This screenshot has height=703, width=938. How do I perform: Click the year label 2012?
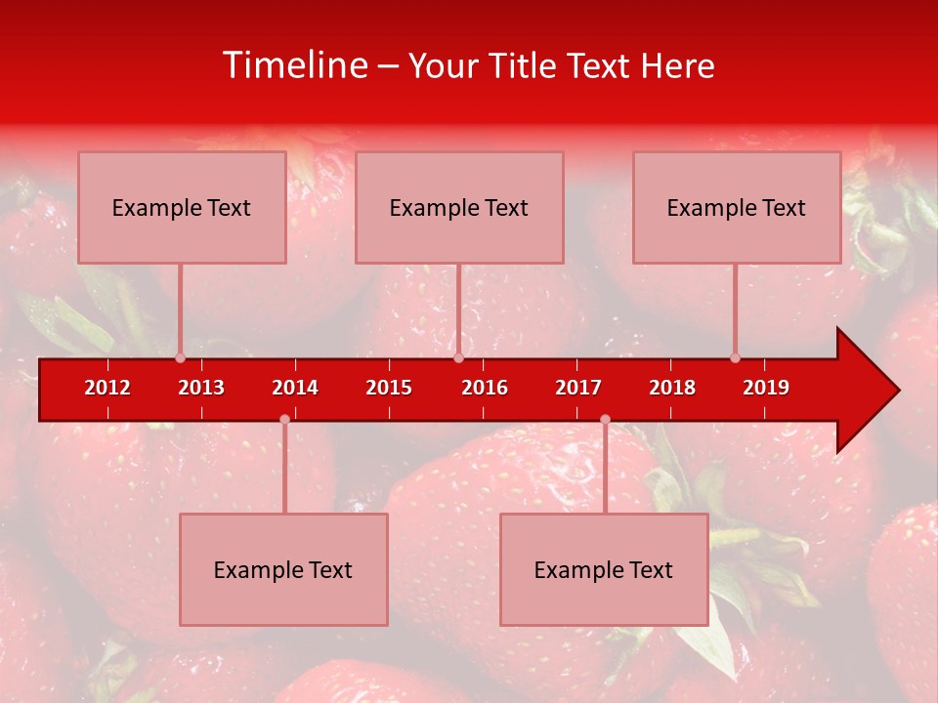pos(107,388)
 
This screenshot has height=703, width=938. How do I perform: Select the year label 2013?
pos(201,388)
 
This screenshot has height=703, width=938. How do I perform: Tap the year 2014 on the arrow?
pos(295,388)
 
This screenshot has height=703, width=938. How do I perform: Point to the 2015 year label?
pos(389,388)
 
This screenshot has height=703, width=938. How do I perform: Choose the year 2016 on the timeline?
pos(485,388)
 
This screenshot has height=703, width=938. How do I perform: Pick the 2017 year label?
pos(578,388)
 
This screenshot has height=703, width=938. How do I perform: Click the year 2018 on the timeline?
pos(672,388)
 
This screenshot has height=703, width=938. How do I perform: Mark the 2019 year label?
pos(766,388)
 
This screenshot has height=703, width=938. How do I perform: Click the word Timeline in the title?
pos(293,65)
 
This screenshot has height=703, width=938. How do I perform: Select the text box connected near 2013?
pos(182,207)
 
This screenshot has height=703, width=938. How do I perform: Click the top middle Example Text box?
pos(459,207)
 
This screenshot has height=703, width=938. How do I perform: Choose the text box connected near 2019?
pos(737,207)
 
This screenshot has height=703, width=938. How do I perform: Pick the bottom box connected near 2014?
pos(283,569)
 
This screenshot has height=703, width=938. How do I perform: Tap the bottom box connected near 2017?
pos(604,569)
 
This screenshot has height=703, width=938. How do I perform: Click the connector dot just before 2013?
pos(180,357)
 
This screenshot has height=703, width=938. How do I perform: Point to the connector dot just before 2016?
pos(458,357)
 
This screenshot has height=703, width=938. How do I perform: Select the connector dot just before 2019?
pos(735,357)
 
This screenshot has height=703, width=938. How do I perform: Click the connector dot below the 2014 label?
pos(284,419)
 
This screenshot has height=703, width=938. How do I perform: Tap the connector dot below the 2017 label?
pos(605,419)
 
